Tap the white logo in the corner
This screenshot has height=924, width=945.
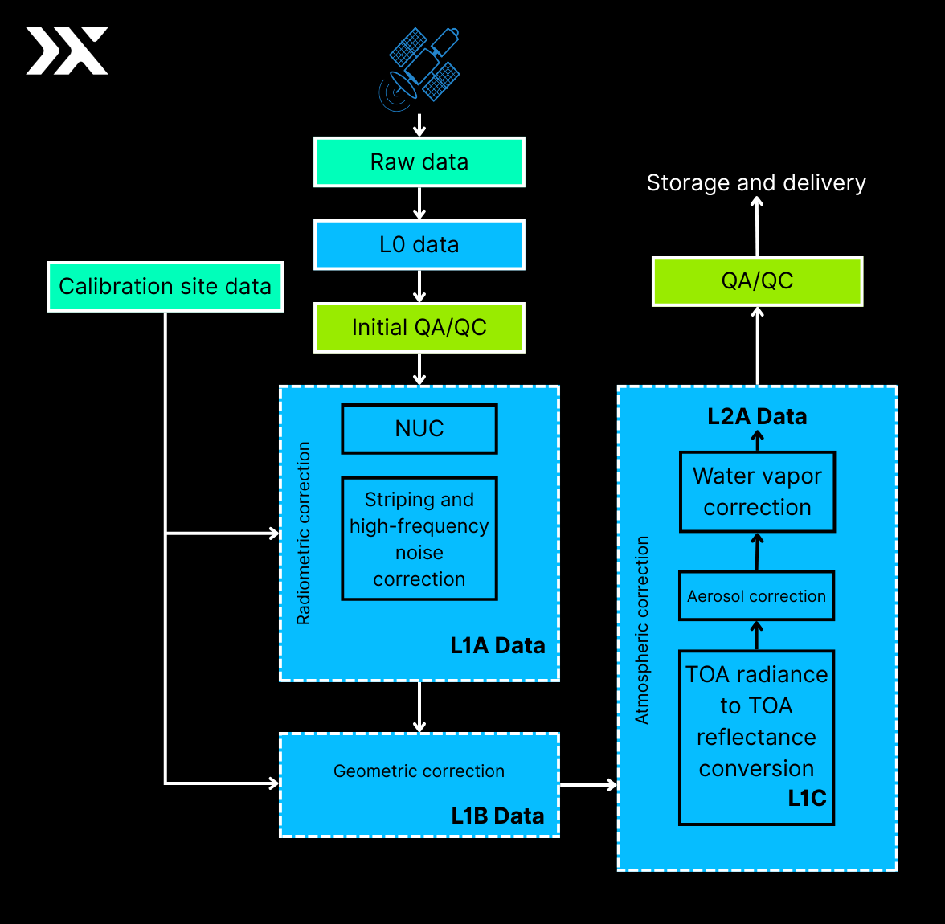pos(67,51)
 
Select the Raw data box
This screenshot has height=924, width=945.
pos(419,162)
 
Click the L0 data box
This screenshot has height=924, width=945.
pos(419,245)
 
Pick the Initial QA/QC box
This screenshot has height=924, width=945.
pos(419,328)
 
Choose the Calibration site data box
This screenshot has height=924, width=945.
pos(165,287)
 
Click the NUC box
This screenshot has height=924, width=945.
pos(419,429)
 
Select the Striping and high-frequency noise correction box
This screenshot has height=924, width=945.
pos(419,538)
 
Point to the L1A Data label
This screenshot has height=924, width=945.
pos(497,646)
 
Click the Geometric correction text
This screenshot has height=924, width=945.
pos(419,771)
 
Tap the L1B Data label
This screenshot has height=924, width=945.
pos(497,816)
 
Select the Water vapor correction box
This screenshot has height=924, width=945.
pos(757,492)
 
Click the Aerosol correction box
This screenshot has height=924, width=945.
pos(756,596)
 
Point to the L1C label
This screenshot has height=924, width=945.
pos(806,799)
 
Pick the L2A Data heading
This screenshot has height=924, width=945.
pos(757,417)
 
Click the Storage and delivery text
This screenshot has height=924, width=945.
pos(756,183)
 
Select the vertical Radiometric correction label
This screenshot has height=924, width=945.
pos(304,534)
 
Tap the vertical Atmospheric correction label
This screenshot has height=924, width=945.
pos(642,630)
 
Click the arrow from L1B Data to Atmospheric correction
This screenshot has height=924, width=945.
pos(588,785)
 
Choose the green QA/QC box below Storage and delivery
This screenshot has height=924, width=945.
pos(757,281)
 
